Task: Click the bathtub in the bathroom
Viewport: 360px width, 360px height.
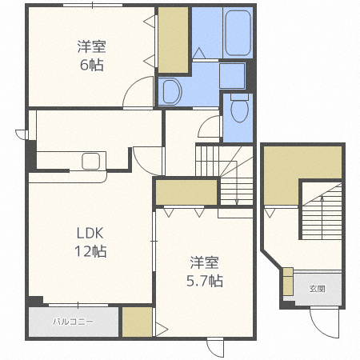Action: [238, 33]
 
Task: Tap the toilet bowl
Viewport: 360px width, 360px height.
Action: [239, 108]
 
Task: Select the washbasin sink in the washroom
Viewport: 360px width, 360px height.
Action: [172, 91]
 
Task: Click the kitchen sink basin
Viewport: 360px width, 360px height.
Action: [90, 161]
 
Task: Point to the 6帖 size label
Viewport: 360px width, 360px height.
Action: [92, 65]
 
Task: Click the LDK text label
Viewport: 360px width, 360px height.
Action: [90, 234]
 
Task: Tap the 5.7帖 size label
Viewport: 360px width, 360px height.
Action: [205, 281]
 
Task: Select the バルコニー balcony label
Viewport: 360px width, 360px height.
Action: [74, 322]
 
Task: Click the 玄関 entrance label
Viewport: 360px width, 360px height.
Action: [318, 289]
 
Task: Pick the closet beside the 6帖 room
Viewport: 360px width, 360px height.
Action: [174, 40]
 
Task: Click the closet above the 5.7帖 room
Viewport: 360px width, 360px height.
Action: [186, 192]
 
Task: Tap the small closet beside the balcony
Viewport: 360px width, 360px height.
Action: [137, 322]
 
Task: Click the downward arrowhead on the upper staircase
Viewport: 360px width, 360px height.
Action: [237, 203]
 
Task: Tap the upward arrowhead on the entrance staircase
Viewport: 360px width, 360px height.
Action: [322, 198]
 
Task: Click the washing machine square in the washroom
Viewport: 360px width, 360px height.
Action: [232, 75]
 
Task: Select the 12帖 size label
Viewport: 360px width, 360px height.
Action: [90, 251]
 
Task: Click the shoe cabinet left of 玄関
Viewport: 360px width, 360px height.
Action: [288, 282]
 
